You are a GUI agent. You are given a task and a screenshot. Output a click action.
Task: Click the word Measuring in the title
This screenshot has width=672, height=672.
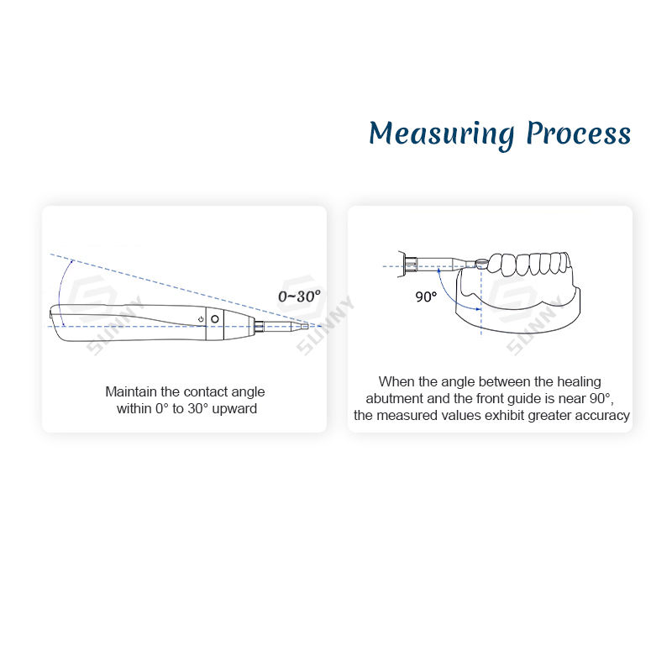441,134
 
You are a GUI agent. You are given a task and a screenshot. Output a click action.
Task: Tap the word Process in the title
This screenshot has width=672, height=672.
578,134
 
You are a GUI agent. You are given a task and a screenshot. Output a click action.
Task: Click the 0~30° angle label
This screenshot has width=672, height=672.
298,297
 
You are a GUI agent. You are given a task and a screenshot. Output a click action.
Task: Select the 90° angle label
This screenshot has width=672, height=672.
426,297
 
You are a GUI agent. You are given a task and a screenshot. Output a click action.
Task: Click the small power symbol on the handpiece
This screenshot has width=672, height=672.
202,319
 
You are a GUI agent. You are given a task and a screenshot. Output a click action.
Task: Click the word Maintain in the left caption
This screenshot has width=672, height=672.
129,391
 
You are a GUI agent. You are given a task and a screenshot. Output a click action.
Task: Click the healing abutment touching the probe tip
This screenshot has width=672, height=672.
480,264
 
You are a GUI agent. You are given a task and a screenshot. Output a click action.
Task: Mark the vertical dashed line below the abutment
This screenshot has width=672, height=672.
480,315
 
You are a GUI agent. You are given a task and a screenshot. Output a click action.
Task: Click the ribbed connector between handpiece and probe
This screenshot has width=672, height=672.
260,325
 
